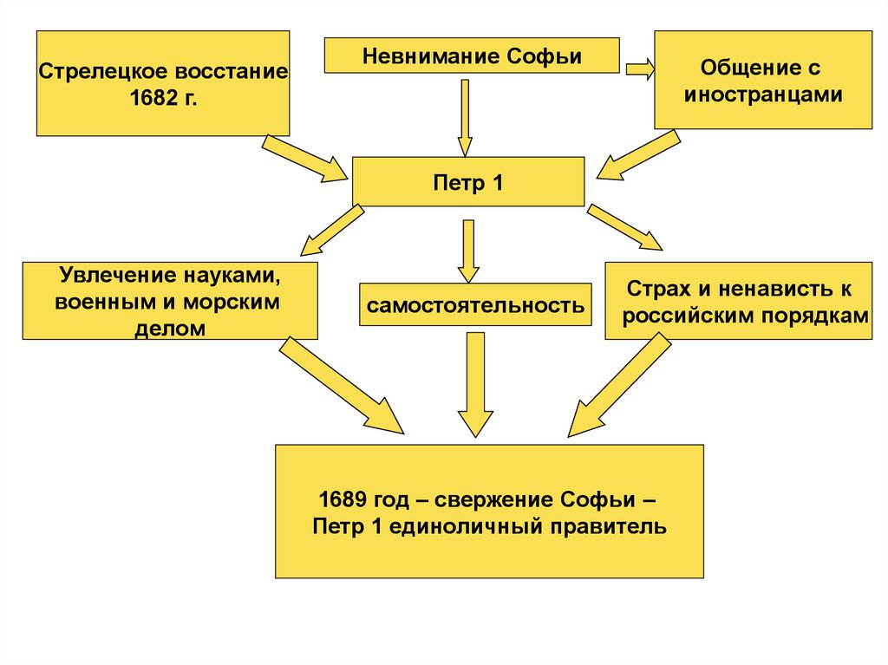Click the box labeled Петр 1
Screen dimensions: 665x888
[468, 182]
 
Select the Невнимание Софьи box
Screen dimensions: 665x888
[472, 56]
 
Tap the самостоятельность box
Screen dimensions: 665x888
[474, 305]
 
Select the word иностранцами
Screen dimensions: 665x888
[763, 94]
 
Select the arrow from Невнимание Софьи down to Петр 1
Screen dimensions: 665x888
[466, 117]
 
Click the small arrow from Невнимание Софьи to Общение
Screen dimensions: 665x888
[639, 69]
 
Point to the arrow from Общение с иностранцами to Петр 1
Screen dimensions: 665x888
[638, 154]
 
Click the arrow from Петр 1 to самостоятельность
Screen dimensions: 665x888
[468, 249]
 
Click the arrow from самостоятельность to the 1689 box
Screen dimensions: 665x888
[473, 381]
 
